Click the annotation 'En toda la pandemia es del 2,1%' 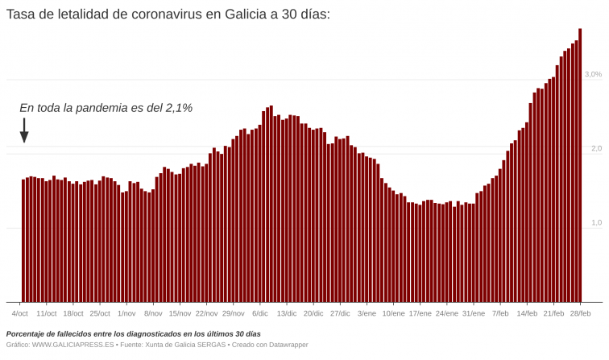tap(106, 107)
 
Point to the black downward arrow tap(24, 130)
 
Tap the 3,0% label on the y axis tap(592, 74)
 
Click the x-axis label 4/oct tap(20, 313)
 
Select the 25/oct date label tap(100, 313)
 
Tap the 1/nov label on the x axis tap(126, 313)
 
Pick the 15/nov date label tap(180, 313)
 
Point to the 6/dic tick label tap(260, 313)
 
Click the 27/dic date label tap(340, 313)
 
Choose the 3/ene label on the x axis tap(367, 313)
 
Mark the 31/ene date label tap(474, 313)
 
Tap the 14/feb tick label tap(527, 313)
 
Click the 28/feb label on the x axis tap(580, 313)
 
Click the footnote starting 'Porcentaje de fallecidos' tap(133, 333)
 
